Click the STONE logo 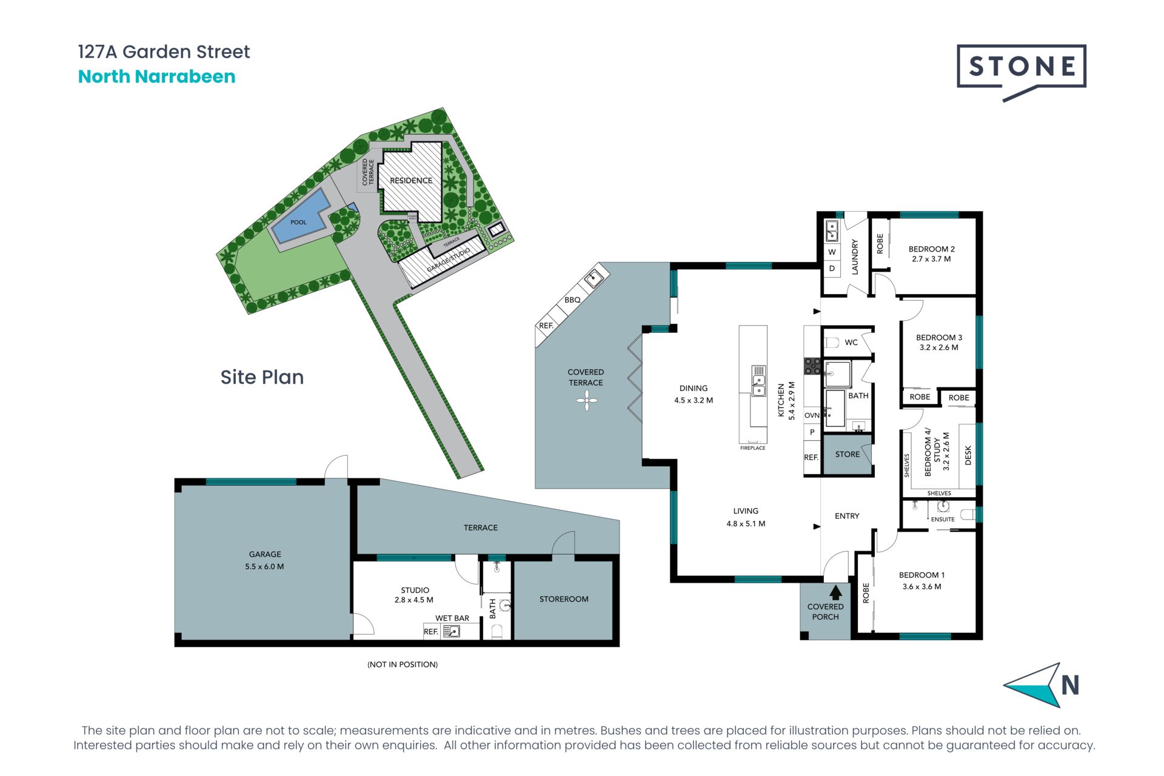(1021, 72)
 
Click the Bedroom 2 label (931, 249)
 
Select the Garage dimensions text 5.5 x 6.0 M (264, 567)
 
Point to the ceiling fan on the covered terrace (586, 401)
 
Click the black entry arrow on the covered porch (836, 592)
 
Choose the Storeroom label (564, 599)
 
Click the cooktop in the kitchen (812, 366)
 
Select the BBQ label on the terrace (572, 300)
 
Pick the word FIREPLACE (752, 448)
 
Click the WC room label (851, 343)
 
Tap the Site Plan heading (262, 377)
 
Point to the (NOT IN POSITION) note (403, 664)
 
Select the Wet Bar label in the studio (452, 618)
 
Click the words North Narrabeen (156, 76)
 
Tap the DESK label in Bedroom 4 (968, 455)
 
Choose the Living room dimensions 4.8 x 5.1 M (746, 524)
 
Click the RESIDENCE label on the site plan (411, 181)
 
